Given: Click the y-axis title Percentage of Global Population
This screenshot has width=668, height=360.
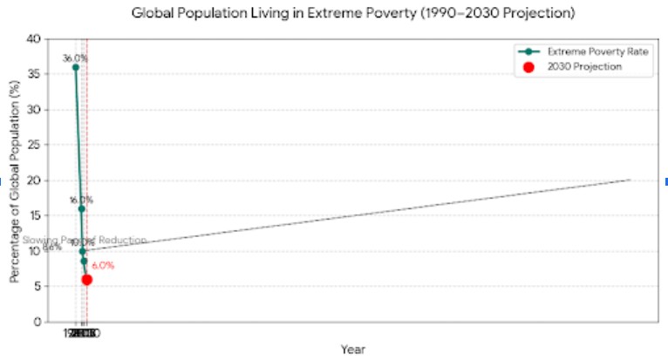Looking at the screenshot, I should [x=15, y=180].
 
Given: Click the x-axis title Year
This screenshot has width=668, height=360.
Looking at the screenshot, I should [x=353, y=349].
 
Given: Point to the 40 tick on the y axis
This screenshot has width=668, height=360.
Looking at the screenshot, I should [x=34, y=39].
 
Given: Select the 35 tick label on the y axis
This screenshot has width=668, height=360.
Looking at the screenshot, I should [x=34, y=74].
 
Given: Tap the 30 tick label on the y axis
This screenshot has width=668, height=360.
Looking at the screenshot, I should [x=34, y=110].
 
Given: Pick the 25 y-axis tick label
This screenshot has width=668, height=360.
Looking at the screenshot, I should [x=34, y=145].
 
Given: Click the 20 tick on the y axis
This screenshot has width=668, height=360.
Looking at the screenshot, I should [x=34, y=180].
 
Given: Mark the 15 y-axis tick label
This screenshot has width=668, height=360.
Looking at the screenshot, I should [x=34, y=215].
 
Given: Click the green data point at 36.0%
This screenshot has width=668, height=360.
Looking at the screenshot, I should [x=76, y=67].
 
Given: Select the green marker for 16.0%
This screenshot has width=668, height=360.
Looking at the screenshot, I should [x=81, y=208].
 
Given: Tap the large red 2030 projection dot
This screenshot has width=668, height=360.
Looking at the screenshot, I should [x=87, y=279].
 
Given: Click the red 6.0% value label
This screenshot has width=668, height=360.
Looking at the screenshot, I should [x=103, y=266].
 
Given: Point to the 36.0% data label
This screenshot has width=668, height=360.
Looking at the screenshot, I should [x=75, y=58].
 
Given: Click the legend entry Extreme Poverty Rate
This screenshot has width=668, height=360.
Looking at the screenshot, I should [x=597, y=52].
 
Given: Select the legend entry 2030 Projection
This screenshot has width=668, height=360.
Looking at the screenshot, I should [x=584, y=67].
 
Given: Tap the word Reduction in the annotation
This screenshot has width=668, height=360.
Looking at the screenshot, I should [x=125, y=241].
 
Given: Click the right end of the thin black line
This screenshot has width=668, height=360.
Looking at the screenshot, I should [x=630, y=180].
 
